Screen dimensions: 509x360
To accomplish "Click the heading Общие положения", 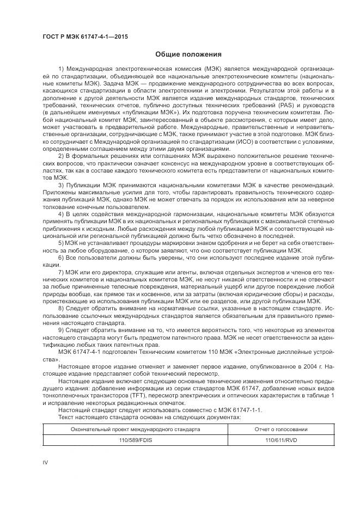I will (188, 54).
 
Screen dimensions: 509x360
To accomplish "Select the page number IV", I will (46, 462).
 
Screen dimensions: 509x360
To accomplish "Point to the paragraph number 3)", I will (61, 185).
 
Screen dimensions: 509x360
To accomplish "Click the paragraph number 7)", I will (61, 271).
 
